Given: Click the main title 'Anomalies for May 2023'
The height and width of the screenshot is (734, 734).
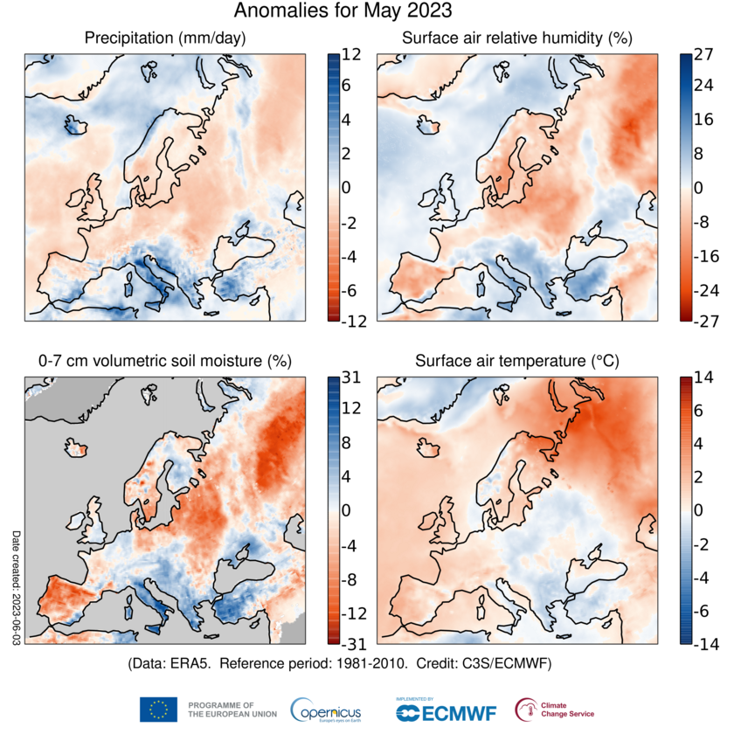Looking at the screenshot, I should (x=343, y=11).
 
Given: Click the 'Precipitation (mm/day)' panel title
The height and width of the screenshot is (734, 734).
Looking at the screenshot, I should (x=165, y=38).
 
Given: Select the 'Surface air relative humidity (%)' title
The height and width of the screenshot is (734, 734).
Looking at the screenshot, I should (x=517, y=38).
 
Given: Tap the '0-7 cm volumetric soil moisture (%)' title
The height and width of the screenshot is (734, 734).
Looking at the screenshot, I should (x=165, y=361).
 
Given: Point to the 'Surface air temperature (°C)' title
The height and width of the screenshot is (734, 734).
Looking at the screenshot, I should (x=517, y=361).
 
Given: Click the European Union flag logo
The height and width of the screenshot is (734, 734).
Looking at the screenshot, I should (x=158, y=709).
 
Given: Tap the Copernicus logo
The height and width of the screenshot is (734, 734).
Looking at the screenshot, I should (x=325, y=709).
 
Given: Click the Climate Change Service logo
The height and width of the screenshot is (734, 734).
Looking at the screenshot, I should (x=527, y=709).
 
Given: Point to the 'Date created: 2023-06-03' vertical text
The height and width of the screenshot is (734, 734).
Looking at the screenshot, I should (x=15, y=587).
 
